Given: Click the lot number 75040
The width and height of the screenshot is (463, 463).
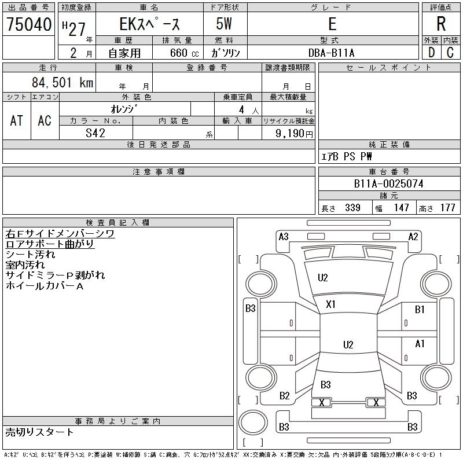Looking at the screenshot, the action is [29, 24].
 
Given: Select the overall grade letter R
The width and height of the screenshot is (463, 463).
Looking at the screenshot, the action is [441, 24].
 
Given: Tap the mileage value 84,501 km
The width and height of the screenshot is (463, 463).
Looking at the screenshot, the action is [63, 82].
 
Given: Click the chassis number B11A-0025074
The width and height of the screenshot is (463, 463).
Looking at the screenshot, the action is [388, 183].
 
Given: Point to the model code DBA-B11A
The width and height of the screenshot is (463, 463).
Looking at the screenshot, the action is [331, 53].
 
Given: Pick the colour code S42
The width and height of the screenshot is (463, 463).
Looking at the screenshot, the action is [95, 133].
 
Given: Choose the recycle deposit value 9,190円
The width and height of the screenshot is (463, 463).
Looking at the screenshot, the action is [294, 134].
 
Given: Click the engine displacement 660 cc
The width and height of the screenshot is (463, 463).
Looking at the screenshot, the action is [184, 53].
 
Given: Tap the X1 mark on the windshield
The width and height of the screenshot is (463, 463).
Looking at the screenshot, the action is [330, 304].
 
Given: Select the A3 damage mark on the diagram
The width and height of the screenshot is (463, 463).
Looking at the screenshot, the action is [284, 237].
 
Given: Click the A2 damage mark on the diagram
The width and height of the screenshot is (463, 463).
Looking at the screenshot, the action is [413, 237].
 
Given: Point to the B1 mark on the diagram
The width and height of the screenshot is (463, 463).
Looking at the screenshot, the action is [420, 309].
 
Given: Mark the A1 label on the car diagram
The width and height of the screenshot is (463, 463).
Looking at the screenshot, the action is [420, 344].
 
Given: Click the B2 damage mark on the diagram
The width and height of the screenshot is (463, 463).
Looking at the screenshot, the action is [284, 395].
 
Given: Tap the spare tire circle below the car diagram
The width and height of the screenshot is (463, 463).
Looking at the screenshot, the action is [253, 422].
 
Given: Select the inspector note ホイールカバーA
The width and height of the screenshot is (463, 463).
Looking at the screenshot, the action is [45, 286].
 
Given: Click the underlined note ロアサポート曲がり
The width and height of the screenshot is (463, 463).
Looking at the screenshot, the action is [50, 244].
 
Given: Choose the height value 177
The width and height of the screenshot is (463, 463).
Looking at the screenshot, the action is [447, 208].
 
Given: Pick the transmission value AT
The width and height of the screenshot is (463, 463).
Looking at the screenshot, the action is [17, 120].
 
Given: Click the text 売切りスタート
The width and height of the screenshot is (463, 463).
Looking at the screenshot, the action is [39, 432].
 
